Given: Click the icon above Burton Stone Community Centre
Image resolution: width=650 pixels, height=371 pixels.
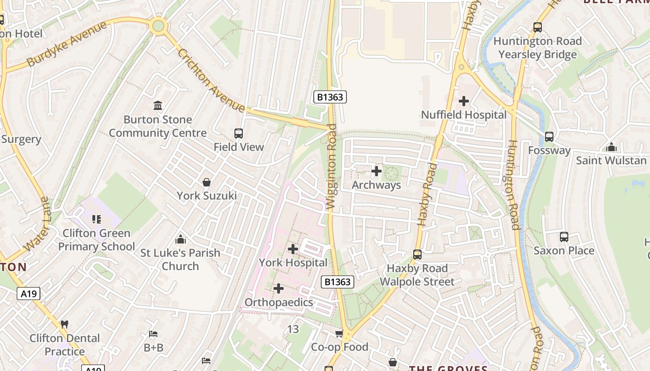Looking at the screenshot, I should pyautogui.click(x=158, y=106).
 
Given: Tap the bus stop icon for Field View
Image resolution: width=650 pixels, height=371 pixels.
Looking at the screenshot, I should pyautogui.click(x=239, y=134).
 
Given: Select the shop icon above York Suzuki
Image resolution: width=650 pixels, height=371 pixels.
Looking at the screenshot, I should pyautogui.click(x=207, y=182).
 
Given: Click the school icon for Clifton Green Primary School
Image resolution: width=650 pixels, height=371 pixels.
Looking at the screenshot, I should pyautogui.click(x=97, y=219).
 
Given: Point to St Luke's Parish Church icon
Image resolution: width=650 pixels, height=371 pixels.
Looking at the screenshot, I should pyautogui.click(x=181, y=239).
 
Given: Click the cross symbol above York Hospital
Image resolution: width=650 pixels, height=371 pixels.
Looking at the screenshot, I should pyautogui.click(x=293, y=249).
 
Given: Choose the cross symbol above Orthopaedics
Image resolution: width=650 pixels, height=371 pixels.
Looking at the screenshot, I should pyautogui.click(x=279, y=289).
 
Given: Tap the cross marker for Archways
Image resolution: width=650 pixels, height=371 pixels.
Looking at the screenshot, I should pyautogui.click(x=377, y=172).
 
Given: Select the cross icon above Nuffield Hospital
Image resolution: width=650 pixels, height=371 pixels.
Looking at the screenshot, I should pyautogui.click(x=463, y=101).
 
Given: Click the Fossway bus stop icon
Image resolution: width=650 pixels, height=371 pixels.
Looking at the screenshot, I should pyautogui.click(x=549, y=137).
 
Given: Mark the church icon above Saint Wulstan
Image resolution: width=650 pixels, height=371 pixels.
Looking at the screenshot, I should pyautogui.click(x=611, y=147).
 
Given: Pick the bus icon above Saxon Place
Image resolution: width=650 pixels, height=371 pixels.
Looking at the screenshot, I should pyautogui.click(x=564, y=237).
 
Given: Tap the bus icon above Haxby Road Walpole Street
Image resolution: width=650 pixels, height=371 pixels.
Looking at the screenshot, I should pyautogui.click(x=417, y=255).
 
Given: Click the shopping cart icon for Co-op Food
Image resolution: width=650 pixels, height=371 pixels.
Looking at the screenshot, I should pyautogui.click(x=339, y=333).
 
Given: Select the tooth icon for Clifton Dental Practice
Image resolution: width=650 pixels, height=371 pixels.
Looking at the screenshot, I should pyautogui.click(x=65, y=325).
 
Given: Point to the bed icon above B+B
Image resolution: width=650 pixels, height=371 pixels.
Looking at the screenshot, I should pyautogui.click(x=153, y=334).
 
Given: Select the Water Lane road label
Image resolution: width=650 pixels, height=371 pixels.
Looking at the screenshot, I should pyautogui.click(x=38, y=224).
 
